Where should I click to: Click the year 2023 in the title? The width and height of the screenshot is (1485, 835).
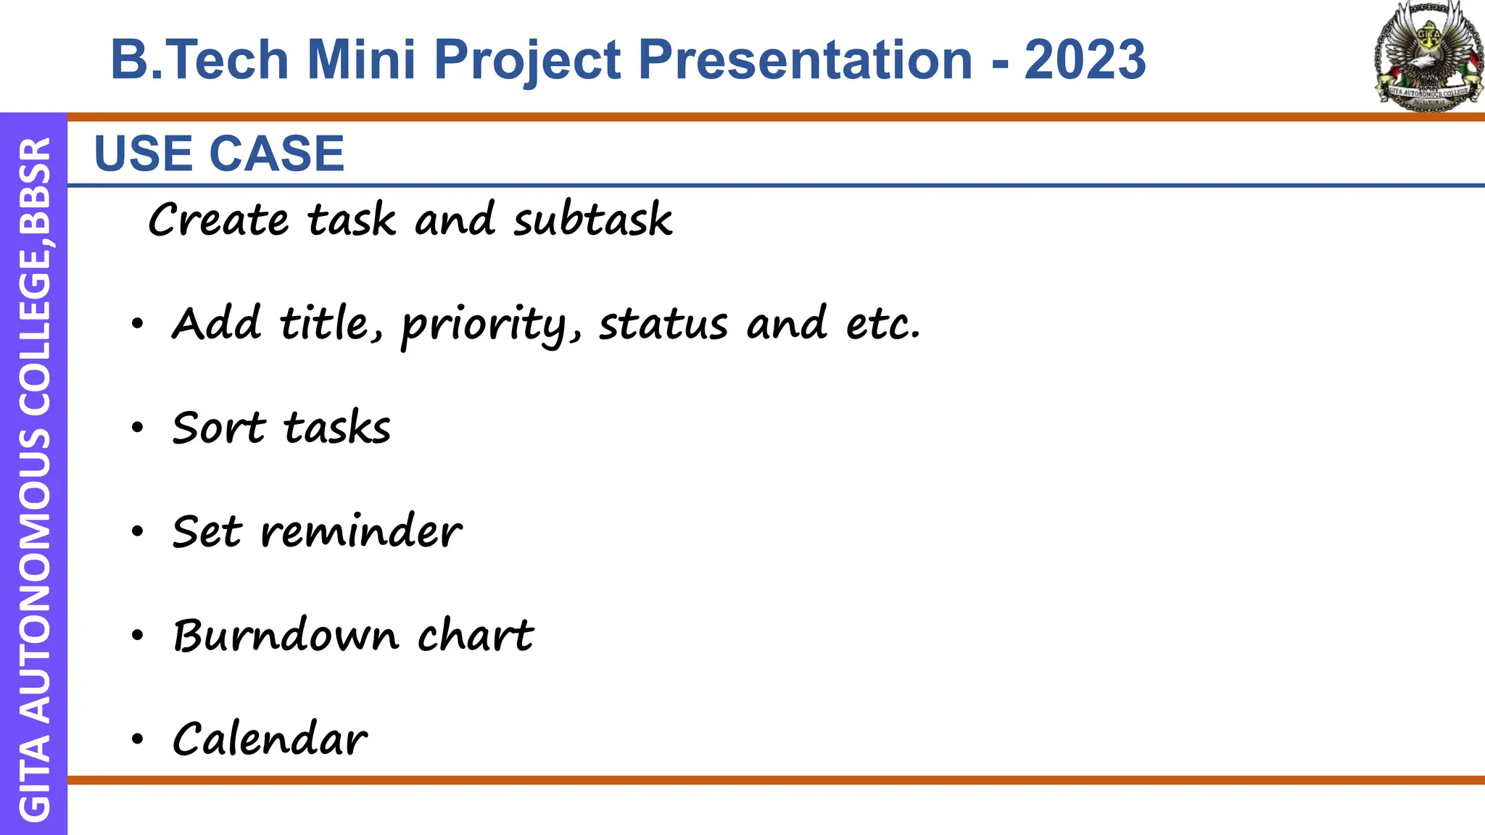1085,59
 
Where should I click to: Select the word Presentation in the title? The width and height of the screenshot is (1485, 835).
805,59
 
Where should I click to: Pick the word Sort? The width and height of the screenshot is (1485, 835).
219,427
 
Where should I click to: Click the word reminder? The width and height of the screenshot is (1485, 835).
360,531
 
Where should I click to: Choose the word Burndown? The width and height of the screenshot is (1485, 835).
286,635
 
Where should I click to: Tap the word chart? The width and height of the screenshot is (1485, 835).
476,635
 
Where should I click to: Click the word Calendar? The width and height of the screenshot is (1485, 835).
270,739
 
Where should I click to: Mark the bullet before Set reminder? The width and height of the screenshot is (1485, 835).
138,532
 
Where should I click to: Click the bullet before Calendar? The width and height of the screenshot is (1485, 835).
138,740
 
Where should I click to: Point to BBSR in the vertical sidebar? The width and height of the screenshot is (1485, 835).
35,186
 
